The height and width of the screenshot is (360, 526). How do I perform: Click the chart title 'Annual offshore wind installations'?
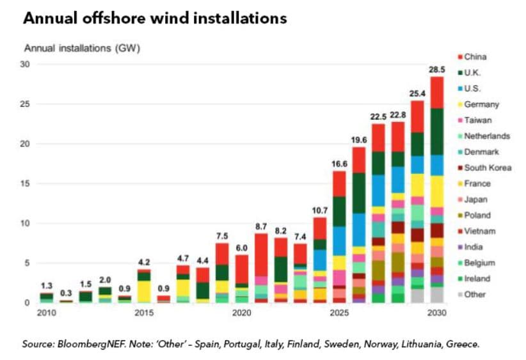[154, 19]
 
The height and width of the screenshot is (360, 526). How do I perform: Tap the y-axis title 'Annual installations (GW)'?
[81, 49]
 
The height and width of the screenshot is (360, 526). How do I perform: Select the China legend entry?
[475, 57]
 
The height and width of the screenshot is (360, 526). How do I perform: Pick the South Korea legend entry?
[487, 168]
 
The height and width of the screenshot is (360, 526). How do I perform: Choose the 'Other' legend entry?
[475, 295]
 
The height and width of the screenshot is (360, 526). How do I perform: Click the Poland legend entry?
[477, 215]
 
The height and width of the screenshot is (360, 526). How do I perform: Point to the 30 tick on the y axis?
[26, 65]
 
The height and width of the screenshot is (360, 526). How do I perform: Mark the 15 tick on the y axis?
[26, 184]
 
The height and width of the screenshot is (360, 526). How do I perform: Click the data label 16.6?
[339, 164]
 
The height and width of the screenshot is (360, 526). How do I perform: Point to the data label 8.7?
[261, 226]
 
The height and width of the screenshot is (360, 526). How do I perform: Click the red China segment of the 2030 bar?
[437, 92]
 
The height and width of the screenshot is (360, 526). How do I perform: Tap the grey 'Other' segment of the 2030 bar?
[437, 295]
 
